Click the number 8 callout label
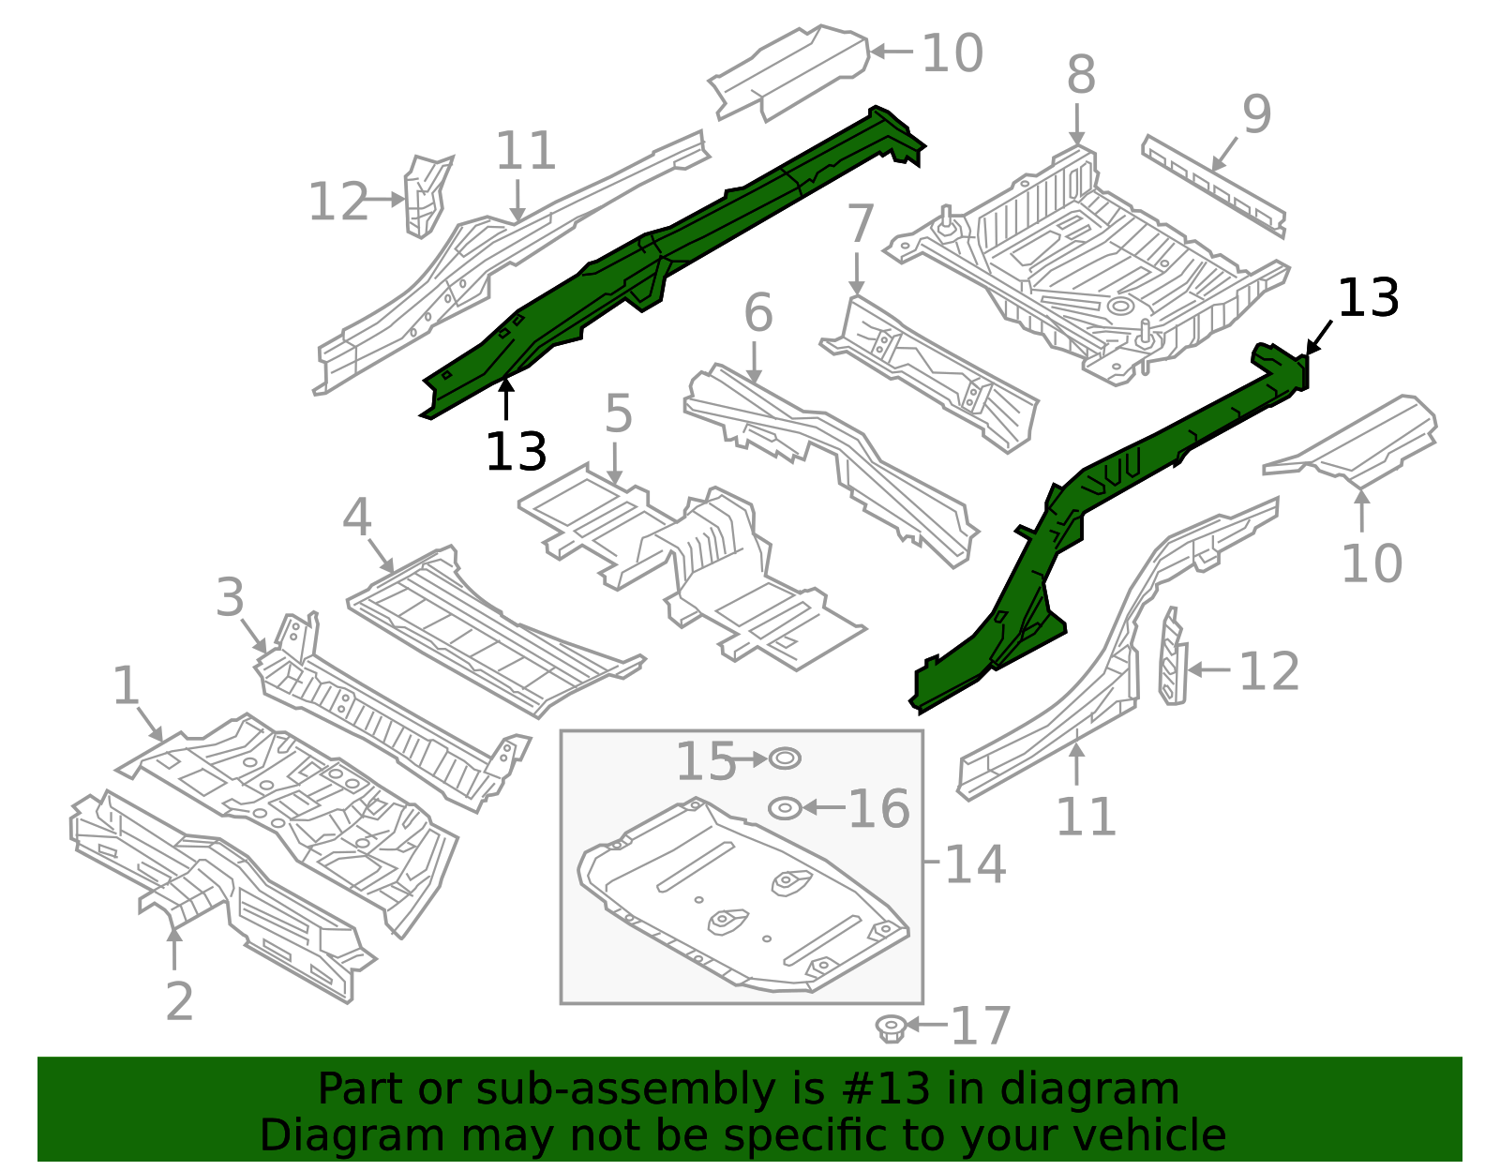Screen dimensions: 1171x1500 [1081, 75]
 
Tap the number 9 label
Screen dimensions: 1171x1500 [1256, 114]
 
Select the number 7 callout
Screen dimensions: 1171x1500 [860, 225]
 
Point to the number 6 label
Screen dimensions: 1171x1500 [757, 313]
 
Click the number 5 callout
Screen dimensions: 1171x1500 [618, 413]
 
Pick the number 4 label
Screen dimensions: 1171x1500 [356, 518]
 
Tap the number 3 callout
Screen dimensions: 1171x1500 [230, 598]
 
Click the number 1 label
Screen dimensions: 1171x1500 [126, 686]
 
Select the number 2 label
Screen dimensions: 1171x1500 [179, 1002]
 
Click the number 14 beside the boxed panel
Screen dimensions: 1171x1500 [974, 864]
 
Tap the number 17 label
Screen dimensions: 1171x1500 [981, 1027]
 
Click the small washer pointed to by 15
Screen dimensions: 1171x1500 [785, 758]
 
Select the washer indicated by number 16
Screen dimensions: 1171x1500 [785, 808]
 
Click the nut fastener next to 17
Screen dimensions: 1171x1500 [891, 1028]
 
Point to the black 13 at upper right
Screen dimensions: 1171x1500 [1368, 299]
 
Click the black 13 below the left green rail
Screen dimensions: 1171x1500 [516, 452]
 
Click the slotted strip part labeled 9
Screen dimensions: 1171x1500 [1212, 185]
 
